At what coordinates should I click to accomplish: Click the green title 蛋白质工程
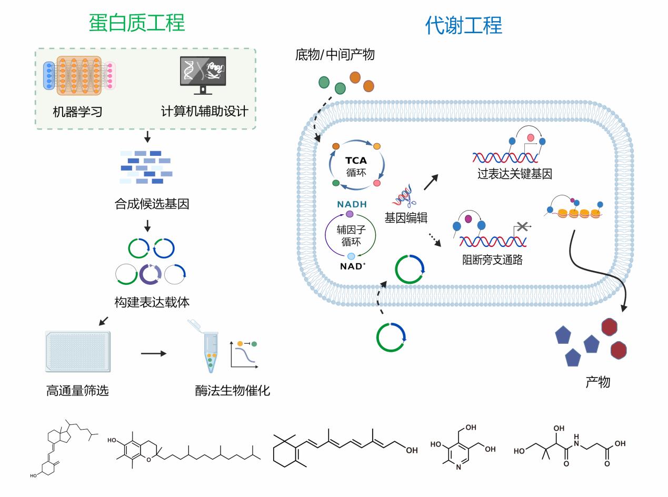137,23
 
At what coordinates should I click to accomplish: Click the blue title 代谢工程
463,25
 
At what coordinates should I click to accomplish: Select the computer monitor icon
203,75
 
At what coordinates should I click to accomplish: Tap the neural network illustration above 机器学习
78,75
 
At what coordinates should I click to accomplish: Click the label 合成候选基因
152,204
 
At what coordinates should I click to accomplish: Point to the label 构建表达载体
152,303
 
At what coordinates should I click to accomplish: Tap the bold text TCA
355,161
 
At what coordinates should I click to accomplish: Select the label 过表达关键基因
514,174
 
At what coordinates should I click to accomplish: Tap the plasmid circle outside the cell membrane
392,337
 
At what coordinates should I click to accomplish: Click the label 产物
597,382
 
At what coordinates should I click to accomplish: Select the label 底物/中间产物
335,54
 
